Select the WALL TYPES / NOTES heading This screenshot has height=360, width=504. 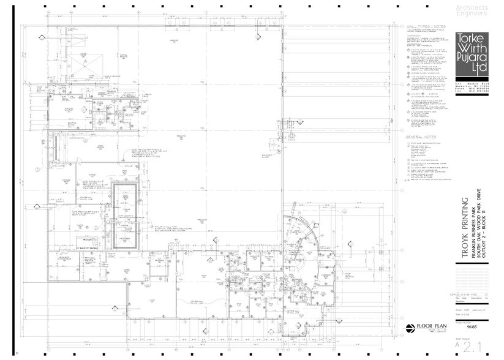coord(427,28)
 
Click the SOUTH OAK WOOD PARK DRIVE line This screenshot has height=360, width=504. coord(479,226)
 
